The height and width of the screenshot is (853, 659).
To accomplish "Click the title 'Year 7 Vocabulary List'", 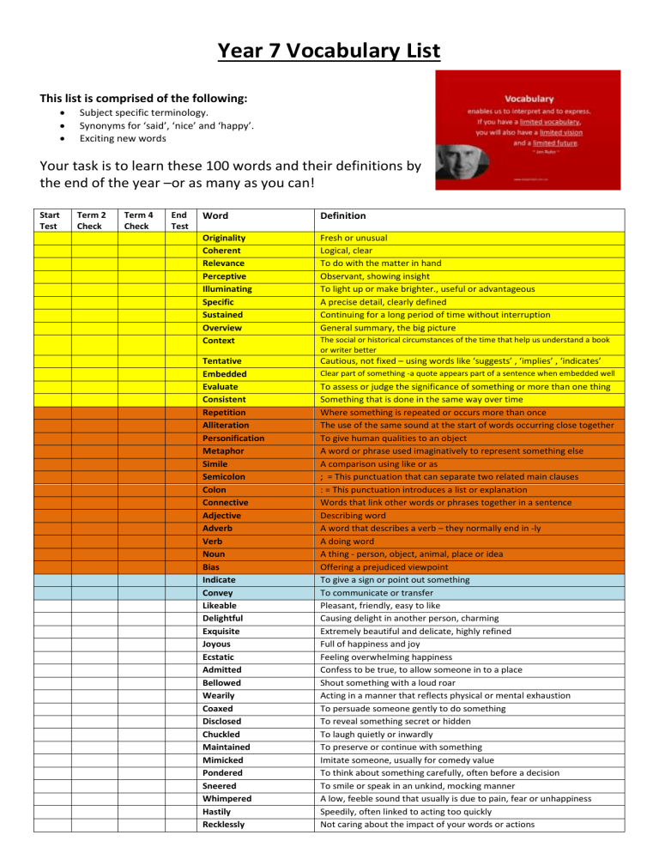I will [329, 51].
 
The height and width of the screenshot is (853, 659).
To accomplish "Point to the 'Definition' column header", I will [344, 215].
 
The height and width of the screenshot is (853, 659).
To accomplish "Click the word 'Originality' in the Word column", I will [224, 237].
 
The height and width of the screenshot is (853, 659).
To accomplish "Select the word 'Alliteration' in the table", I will [227, 425].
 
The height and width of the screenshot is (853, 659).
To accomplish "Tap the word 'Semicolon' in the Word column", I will [223, 476].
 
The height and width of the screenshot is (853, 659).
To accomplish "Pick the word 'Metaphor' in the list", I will [222, 451].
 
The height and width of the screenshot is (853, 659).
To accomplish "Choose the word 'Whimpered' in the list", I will [226, 798].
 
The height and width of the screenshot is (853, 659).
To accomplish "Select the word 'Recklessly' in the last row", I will [224, 824].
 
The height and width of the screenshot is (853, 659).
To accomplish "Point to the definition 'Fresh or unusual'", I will [357, 237].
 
